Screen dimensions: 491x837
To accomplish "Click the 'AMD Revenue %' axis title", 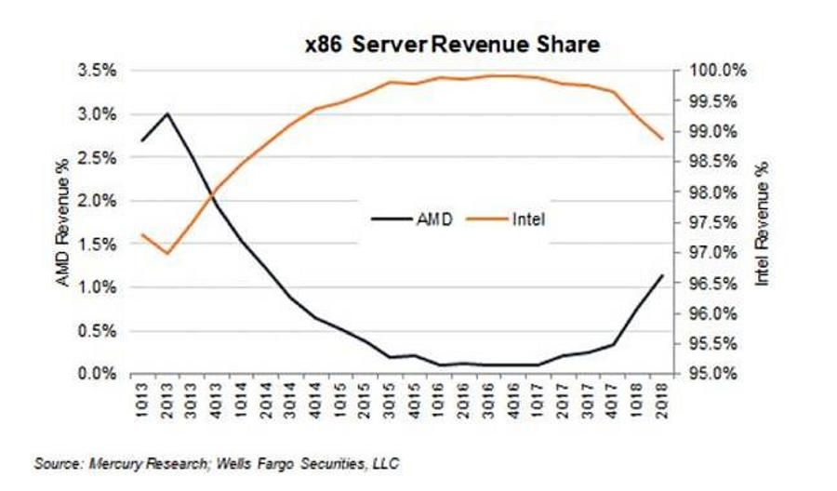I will tap(64, 222).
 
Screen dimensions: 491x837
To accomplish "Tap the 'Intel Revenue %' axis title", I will tap(762, 221).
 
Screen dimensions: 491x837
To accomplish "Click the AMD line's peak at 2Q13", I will tap(167, 113).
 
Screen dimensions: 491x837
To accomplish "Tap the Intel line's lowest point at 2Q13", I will tap(167, 253).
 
